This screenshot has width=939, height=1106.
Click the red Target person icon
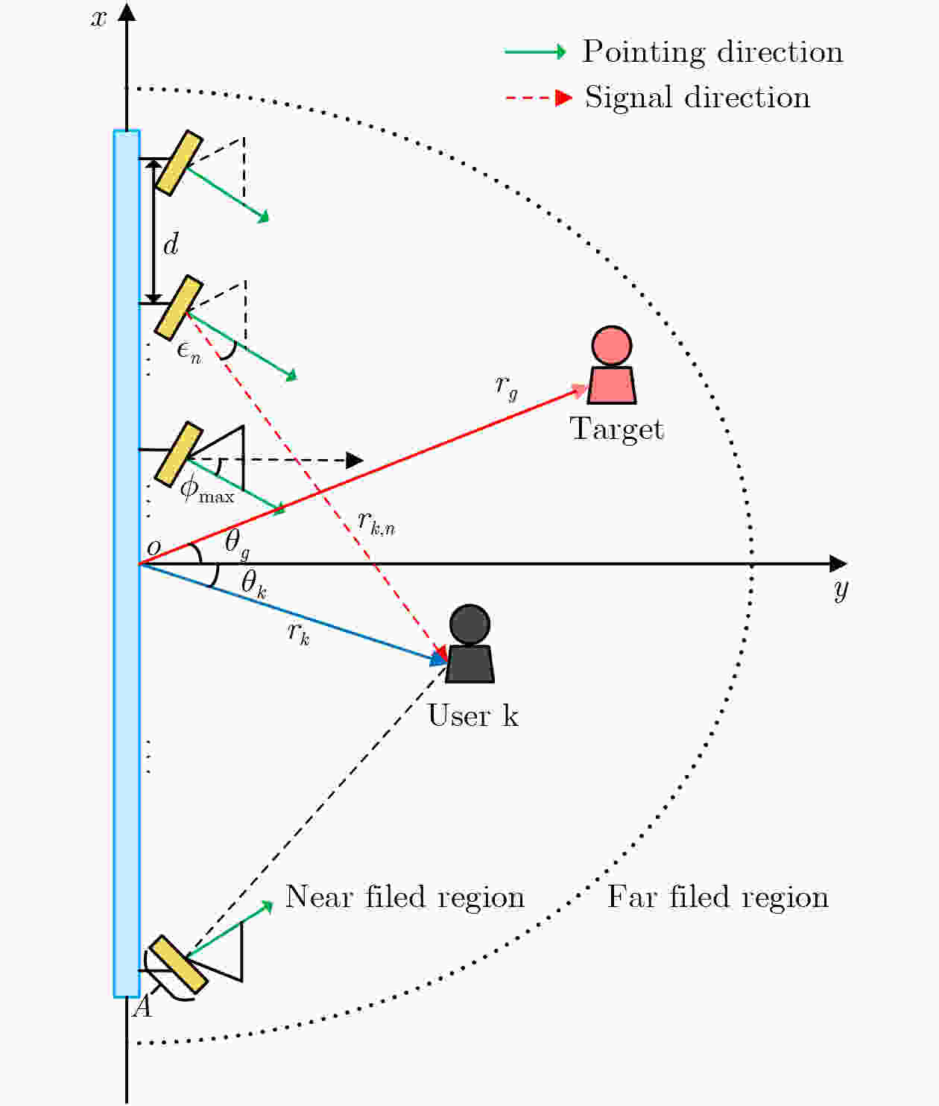point(612,367)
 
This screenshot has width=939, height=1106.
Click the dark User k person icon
point(470,645)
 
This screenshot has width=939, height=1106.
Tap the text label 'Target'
point(616,429)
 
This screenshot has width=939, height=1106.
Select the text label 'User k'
point(472,715)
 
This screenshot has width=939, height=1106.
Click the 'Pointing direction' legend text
point(712,52)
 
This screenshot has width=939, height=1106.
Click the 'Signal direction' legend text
point(698,98)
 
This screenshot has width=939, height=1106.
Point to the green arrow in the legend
point(535,52)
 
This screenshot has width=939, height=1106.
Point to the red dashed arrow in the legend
point(538,98)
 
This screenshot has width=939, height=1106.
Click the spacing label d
point(171,244)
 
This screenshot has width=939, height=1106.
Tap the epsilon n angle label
point(189,350)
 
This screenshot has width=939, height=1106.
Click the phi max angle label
point(206,490)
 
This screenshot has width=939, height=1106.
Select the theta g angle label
point(237,543)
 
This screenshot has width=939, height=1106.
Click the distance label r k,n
point(376,522)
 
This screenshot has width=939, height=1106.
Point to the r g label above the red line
point(506,386)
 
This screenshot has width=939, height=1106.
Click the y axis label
point(841,590)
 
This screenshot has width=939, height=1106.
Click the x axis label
point(98,18)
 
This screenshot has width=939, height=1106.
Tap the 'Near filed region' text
point(405,897)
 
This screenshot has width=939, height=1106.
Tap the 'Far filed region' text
point(718,897)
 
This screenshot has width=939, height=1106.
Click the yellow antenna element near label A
point(178,965)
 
